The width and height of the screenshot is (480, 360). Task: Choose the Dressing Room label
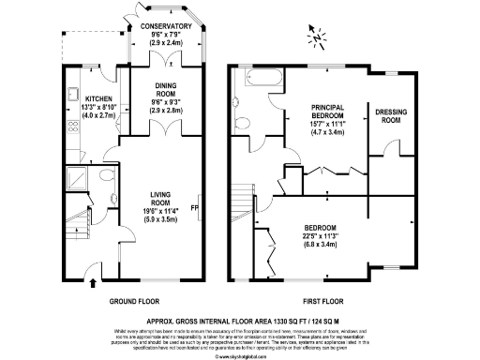coord(392,116)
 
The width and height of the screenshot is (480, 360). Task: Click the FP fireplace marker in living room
coord(195,207)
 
